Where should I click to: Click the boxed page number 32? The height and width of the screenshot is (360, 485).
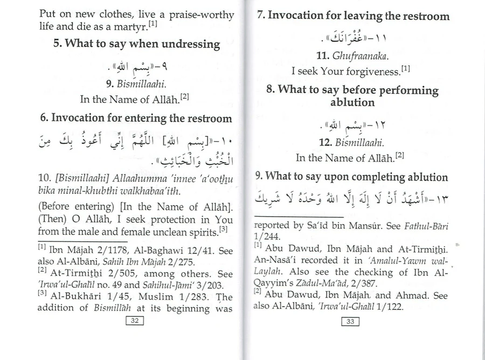[135, 322]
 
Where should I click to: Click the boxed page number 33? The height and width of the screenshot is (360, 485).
[350, 322]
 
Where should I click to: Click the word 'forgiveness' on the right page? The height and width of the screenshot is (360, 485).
[371, 71]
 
